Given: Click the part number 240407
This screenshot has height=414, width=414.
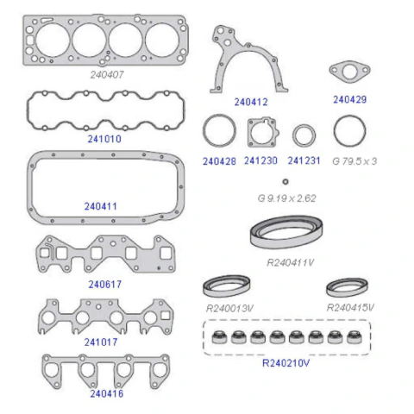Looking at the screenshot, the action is (x=107, y=75).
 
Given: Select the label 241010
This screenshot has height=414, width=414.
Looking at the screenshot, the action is (x=104, y=139).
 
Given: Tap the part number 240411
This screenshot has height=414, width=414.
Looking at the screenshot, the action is (x=101, y=206).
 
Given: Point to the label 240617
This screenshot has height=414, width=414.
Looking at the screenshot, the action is (x=105, y=285).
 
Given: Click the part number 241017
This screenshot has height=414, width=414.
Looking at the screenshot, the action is (x=101, y=342).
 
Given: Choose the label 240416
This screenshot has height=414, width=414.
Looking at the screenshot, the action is (x=107, y=393).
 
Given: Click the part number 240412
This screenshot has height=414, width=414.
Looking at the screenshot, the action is (x=251, y=102).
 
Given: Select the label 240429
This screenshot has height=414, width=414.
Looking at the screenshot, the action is (x=350, y=100).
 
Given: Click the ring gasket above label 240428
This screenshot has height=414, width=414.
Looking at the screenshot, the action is (x=204, y=131).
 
